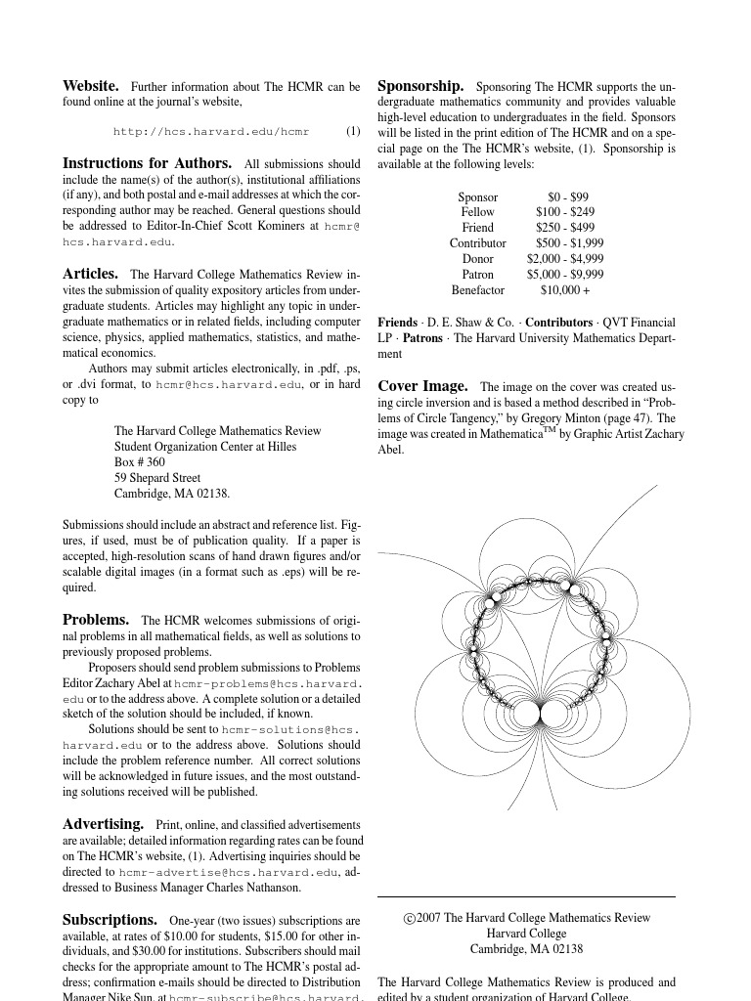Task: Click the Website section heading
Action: coord(91,86)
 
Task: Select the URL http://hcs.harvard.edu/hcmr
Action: coord(211,131)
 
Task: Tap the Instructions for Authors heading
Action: coord(148,163)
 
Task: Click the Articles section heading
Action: coord(90,274)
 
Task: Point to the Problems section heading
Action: coord(96,620)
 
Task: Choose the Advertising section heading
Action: coord(103,824)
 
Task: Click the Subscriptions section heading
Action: coord(110,919)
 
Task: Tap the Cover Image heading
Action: coord(422,385)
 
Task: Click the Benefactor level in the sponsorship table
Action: coord(478,290)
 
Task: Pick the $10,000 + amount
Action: coord(565,290)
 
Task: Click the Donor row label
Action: coord(478,259)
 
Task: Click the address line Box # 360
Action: coord(140,462)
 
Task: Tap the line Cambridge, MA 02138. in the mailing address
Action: coord(172,494)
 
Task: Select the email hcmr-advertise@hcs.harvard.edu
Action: coord(229,872)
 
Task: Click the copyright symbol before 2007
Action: coord(409,918)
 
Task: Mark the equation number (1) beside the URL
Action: coord(353,131)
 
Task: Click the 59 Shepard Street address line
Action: coord(157,478)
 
